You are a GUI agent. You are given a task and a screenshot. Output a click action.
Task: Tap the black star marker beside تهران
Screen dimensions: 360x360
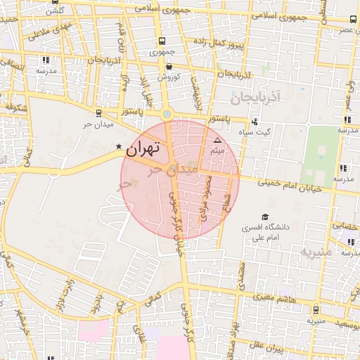118,146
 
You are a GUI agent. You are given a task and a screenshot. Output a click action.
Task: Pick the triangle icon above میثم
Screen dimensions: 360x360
217,141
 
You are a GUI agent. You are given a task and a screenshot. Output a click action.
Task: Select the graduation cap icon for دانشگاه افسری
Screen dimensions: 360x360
265,217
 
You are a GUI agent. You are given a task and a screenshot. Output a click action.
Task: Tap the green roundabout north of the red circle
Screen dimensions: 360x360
167,113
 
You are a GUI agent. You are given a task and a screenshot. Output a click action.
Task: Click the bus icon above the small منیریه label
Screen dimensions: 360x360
316,310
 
